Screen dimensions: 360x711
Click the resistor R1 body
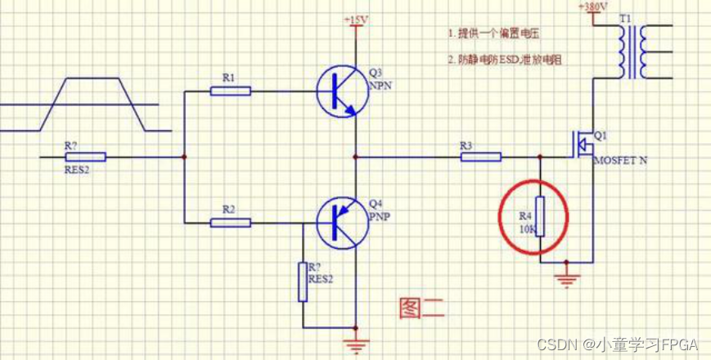pos(230,91)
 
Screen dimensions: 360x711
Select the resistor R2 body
pos(230,222)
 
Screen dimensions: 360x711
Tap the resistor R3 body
pos(480,156)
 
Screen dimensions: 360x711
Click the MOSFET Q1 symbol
pos(583,146)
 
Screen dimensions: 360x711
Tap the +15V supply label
pos(356,18)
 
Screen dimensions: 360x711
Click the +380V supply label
pos(592,7)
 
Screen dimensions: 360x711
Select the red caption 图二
pos(421,308)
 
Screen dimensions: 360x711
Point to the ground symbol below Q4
pos(356,345)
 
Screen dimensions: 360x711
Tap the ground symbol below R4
pos(565,277)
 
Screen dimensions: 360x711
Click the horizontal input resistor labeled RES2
pos(84,156)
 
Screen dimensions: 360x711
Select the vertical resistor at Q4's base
pos(303,281)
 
